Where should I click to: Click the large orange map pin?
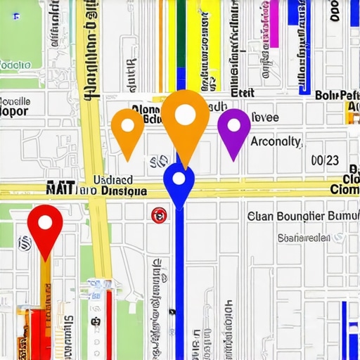pyautogui.click(x=185, y=117)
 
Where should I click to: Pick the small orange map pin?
pyautogui.click(x=127, y=127)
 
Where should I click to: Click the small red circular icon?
pyautogui.click(x=159, y=215)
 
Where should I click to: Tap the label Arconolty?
pyautogui.click(x=276, y=141)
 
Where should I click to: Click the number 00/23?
pyautogui.click(x=324, y=160)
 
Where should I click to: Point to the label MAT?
pyautogui.click(x=60, y=189)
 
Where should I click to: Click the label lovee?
pyautogui.click(x=265, y=117)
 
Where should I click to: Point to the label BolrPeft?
pyautogui.click(x=337, y=95)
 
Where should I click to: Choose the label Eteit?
pyautogui.click(x=242, y=93)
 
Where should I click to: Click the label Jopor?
pyautogui.click(x=14, y=111)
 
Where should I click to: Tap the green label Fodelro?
pyautogui.click(x=15, y=65)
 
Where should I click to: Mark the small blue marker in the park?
pyautogui.click(x=16, y=16)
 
